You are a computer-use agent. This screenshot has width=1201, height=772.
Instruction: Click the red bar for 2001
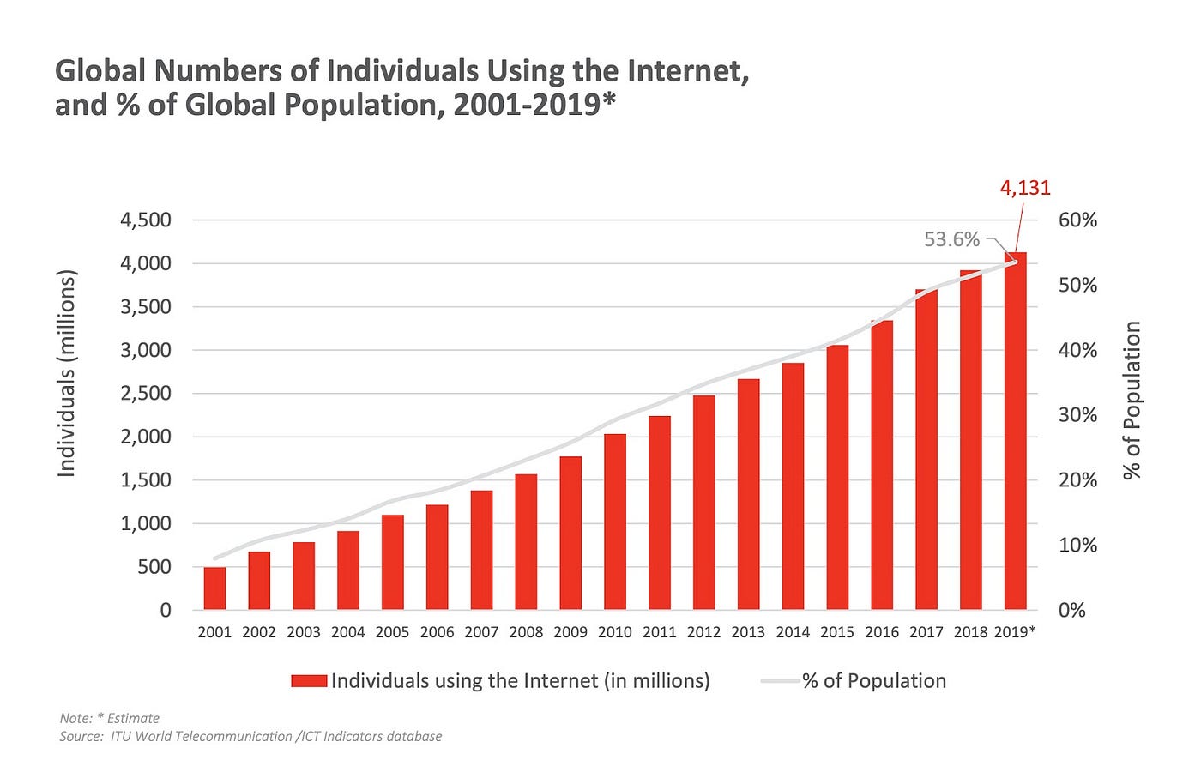(x=214, y=588)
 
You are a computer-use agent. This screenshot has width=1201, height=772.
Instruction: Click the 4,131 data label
(x=1025, y=188)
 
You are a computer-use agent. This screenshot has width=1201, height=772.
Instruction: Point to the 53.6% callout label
(x=951, y=239)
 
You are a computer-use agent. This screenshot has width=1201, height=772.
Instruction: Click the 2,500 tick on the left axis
(x=146, y=393)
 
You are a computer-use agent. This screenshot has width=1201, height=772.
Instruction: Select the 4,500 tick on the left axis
(x=146, y=220)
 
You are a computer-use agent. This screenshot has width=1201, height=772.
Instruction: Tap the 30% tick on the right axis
(x=1077, y=415)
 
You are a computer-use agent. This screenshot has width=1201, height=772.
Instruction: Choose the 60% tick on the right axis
(x=1077, y=220)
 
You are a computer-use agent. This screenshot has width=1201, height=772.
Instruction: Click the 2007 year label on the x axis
(x=481, y=632)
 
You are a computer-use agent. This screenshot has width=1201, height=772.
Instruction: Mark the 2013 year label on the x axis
(x=748, y=632)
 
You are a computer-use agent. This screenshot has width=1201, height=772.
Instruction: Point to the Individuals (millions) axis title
(x=67, y=373)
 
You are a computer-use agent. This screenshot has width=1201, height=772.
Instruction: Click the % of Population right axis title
(x=1132, y=400)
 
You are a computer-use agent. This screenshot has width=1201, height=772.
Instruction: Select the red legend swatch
(x=309, y=681)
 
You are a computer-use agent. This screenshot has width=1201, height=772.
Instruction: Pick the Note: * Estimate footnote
(x=110, y=718)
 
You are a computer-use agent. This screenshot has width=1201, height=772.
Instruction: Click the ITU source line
(x=250, y=736)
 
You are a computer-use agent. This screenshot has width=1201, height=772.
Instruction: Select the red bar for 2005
(x=392, y=562)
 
